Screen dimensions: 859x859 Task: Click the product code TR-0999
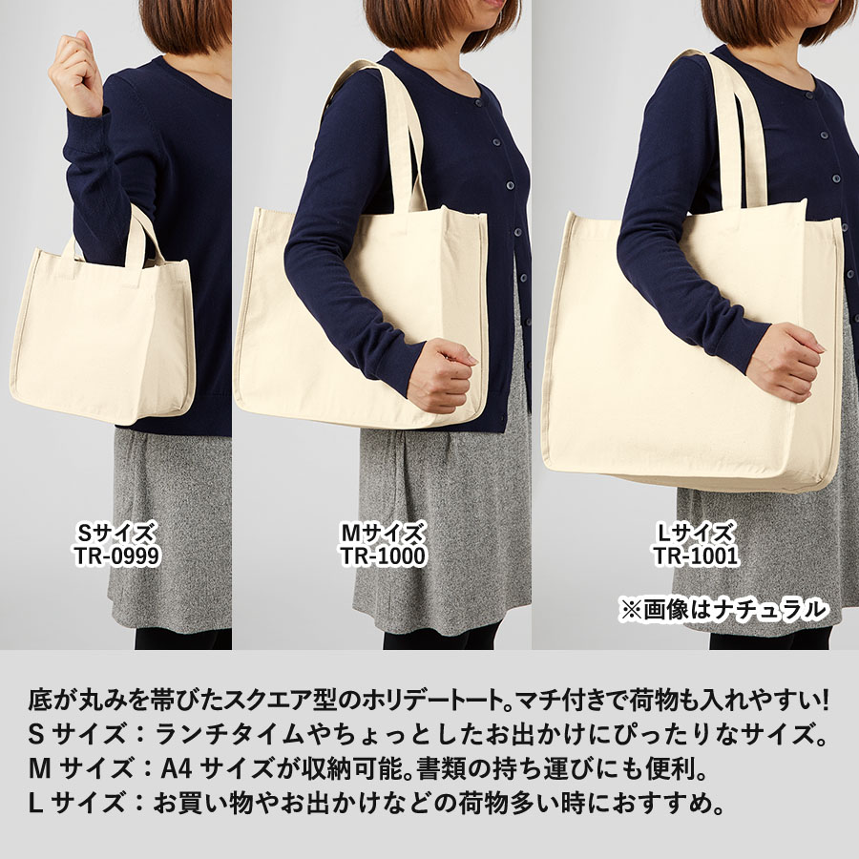pos(115,555)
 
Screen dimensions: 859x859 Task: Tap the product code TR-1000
pos(383,555)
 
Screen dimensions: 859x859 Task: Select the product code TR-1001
pos(696,555)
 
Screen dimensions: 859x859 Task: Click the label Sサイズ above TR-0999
pos(115,533)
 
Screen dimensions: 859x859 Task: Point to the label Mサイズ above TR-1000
pos(383,533)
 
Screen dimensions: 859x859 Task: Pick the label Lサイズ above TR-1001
pos(696,533)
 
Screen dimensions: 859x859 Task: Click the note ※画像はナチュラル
pos(724,609)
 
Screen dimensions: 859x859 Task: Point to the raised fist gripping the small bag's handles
pos(76,72)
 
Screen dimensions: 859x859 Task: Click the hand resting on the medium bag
pos(441,375)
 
